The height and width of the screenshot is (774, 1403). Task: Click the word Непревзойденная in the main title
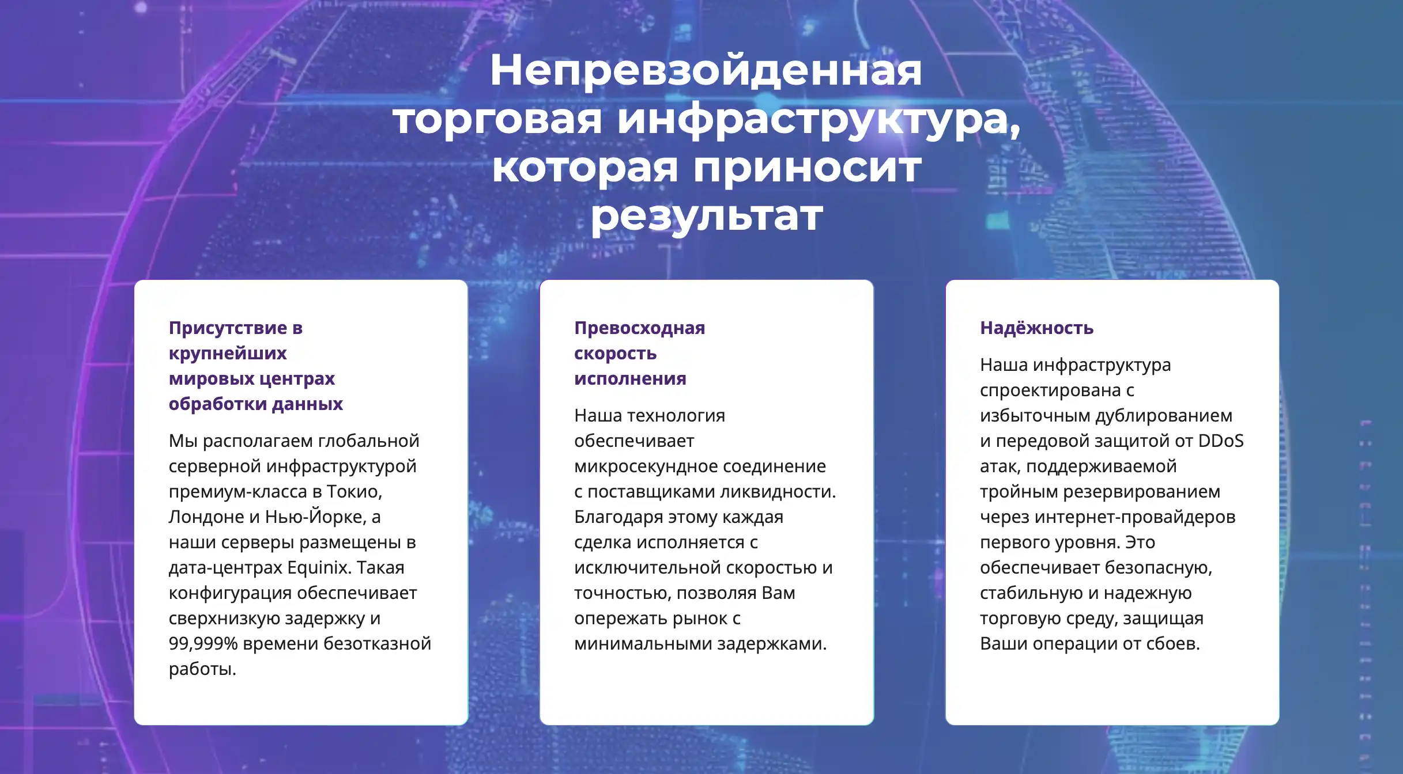coord(706,71)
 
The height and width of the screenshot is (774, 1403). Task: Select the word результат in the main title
coord(707,217)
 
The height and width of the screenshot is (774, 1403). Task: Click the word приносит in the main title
coord(807,168)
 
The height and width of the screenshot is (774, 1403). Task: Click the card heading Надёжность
coord(1036,328)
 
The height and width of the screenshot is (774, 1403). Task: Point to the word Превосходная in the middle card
coord(639,328)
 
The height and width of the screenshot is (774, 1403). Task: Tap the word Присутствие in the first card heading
coord(228,328)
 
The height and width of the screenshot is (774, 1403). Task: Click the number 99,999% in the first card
coord(203,644)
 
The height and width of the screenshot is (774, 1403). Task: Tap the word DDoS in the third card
coord(1221,441)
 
